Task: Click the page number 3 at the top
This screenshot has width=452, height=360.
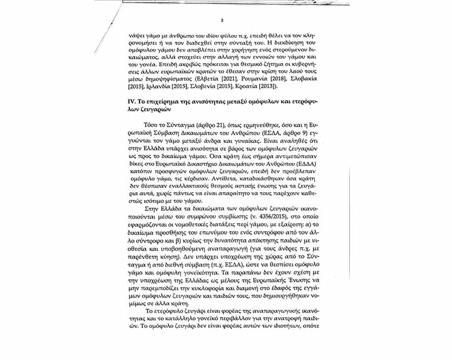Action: coord(222,21)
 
